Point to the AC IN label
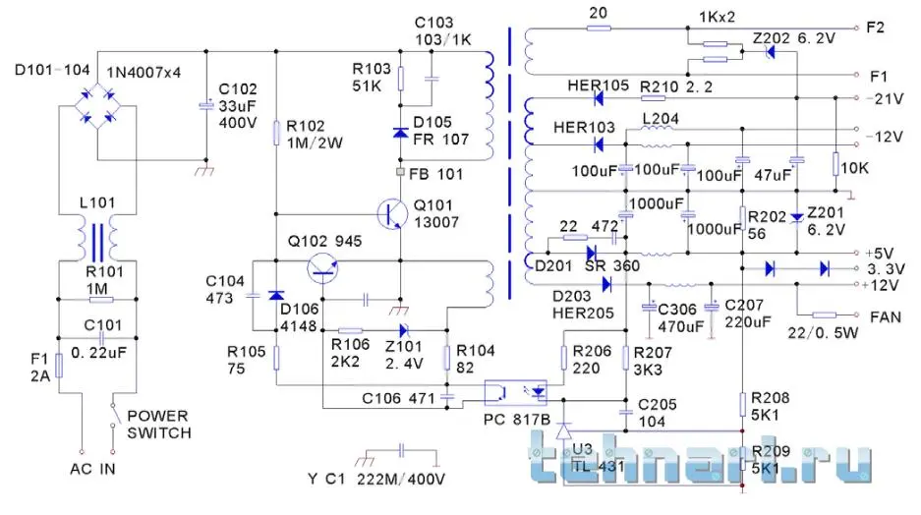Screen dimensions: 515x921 click(92, 470)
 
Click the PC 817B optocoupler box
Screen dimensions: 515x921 click(518, 391)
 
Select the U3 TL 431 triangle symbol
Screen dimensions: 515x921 click(563, 430)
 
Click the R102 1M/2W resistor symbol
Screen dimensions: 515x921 click(276, 131)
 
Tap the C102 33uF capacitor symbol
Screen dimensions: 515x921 click(205, 104)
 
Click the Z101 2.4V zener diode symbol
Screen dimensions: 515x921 click(401, 330)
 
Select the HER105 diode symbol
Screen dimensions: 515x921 click(597, 97)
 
